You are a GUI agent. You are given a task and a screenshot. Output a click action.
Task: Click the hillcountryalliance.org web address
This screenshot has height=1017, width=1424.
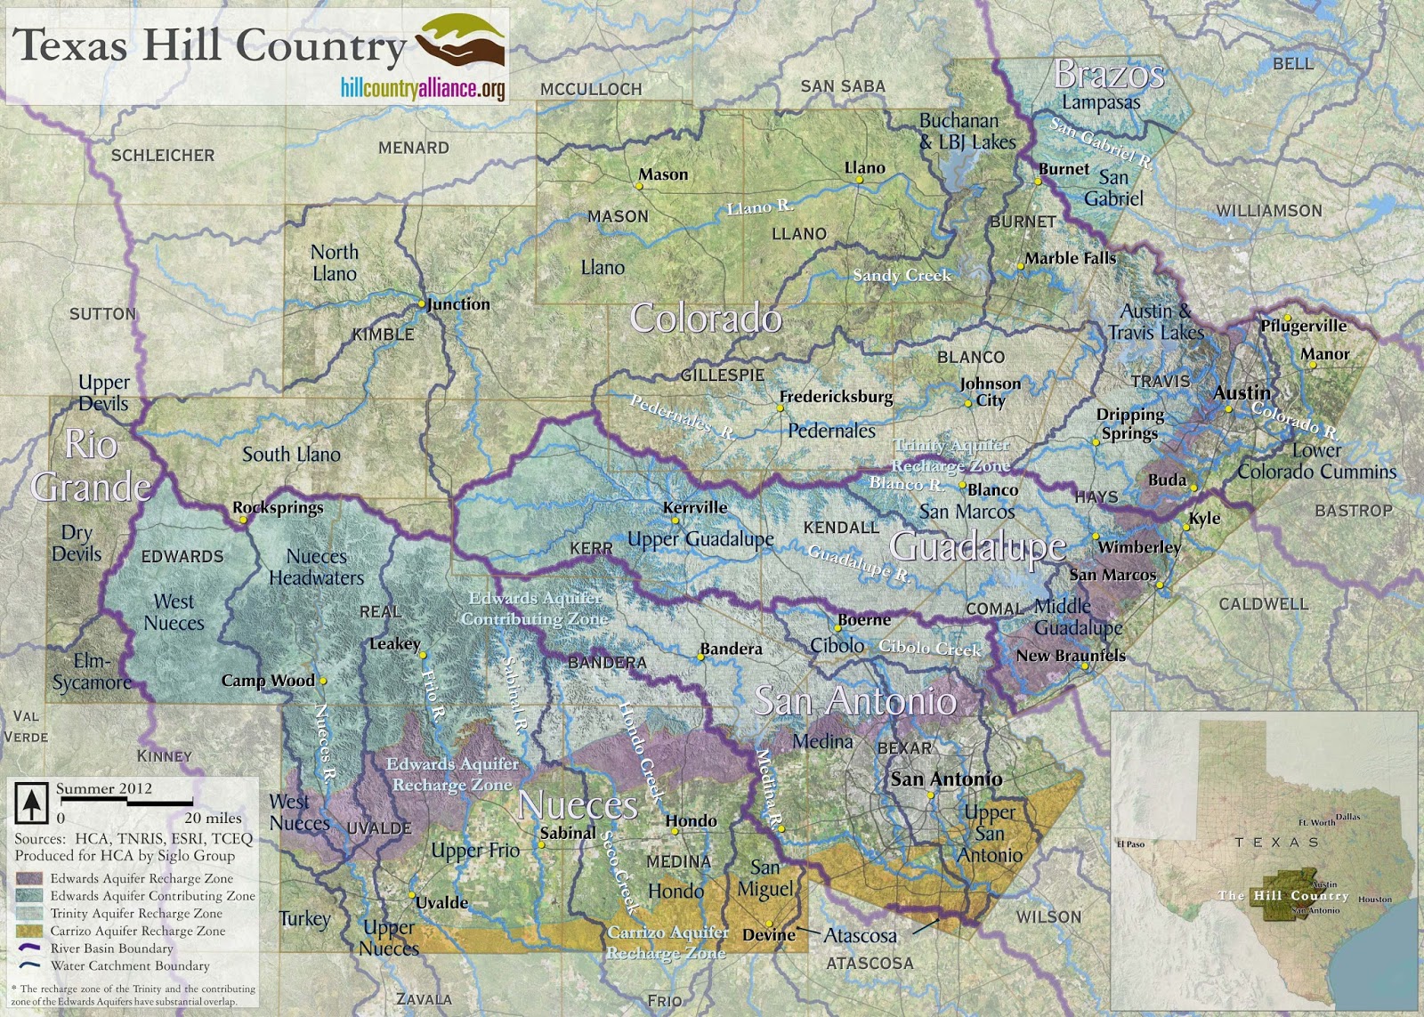pyautogui.click(x=422, y=88)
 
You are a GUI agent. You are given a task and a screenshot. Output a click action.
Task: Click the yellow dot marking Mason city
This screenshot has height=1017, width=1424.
pyautogui.click(x=639, y=186)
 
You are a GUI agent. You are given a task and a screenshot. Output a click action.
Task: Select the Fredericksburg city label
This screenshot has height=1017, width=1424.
pyautogui.click(x=836, y=397)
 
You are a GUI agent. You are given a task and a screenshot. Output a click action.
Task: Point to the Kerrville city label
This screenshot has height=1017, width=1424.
pyautogui.click(x=695, y=507)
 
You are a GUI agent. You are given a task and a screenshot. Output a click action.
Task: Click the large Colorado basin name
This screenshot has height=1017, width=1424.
pyautogui.click(x=706, y=319)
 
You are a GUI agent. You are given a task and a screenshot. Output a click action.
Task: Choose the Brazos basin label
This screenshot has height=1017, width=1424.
pyautogui.click(x=1109, y=76)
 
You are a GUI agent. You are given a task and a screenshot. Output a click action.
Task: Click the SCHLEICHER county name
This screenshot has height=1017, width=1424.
pyautogui.click(x=163, y=156)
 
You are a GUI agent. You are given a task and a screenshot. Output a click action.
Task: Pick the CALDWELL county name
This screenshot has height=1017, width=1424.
pyautogui.click(x=1263, y=604)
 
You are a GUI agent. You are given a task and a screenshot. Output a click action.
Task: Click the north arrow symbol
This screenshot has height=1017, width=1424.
pyautogui.click(x=32, y=803)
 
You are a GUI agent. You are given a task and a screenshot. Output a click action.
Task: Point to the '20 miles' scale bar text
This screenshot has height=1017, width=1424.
pyautogui.click(x=213, y=818)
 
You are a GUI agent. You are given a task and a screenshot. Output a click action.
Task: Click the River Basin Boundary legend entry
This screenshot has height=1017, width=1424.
pyautogui.click(x=111, y=948)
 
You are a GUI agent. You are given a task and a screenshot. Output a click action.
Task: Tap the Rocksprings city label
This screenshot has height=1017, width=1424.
pyautogui.click(x=278, y=508)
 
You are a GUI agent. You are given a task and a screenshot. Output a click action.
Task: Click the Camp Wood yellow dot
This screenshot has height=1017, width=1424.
pyautogui.click(x=323, y=681)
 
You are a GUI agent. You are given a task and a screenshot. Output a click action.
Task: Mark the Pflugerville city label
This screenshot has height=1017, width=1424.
pyautogui.click(x=1303, y=327)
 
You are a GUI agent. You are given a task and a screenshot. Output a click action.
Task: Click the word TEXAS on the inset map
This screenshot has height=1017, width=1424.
pyautogui.click(x=1276, y=842)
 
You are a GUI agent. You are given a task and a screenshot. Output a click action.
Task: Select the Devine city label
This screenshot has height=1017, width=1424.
pyautogui.click(x=769, y=935)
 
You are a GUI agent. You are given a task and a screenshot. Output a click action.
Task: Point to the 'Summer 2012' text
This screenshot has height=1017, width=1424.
pyautogui.click(x=104, y=788)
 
